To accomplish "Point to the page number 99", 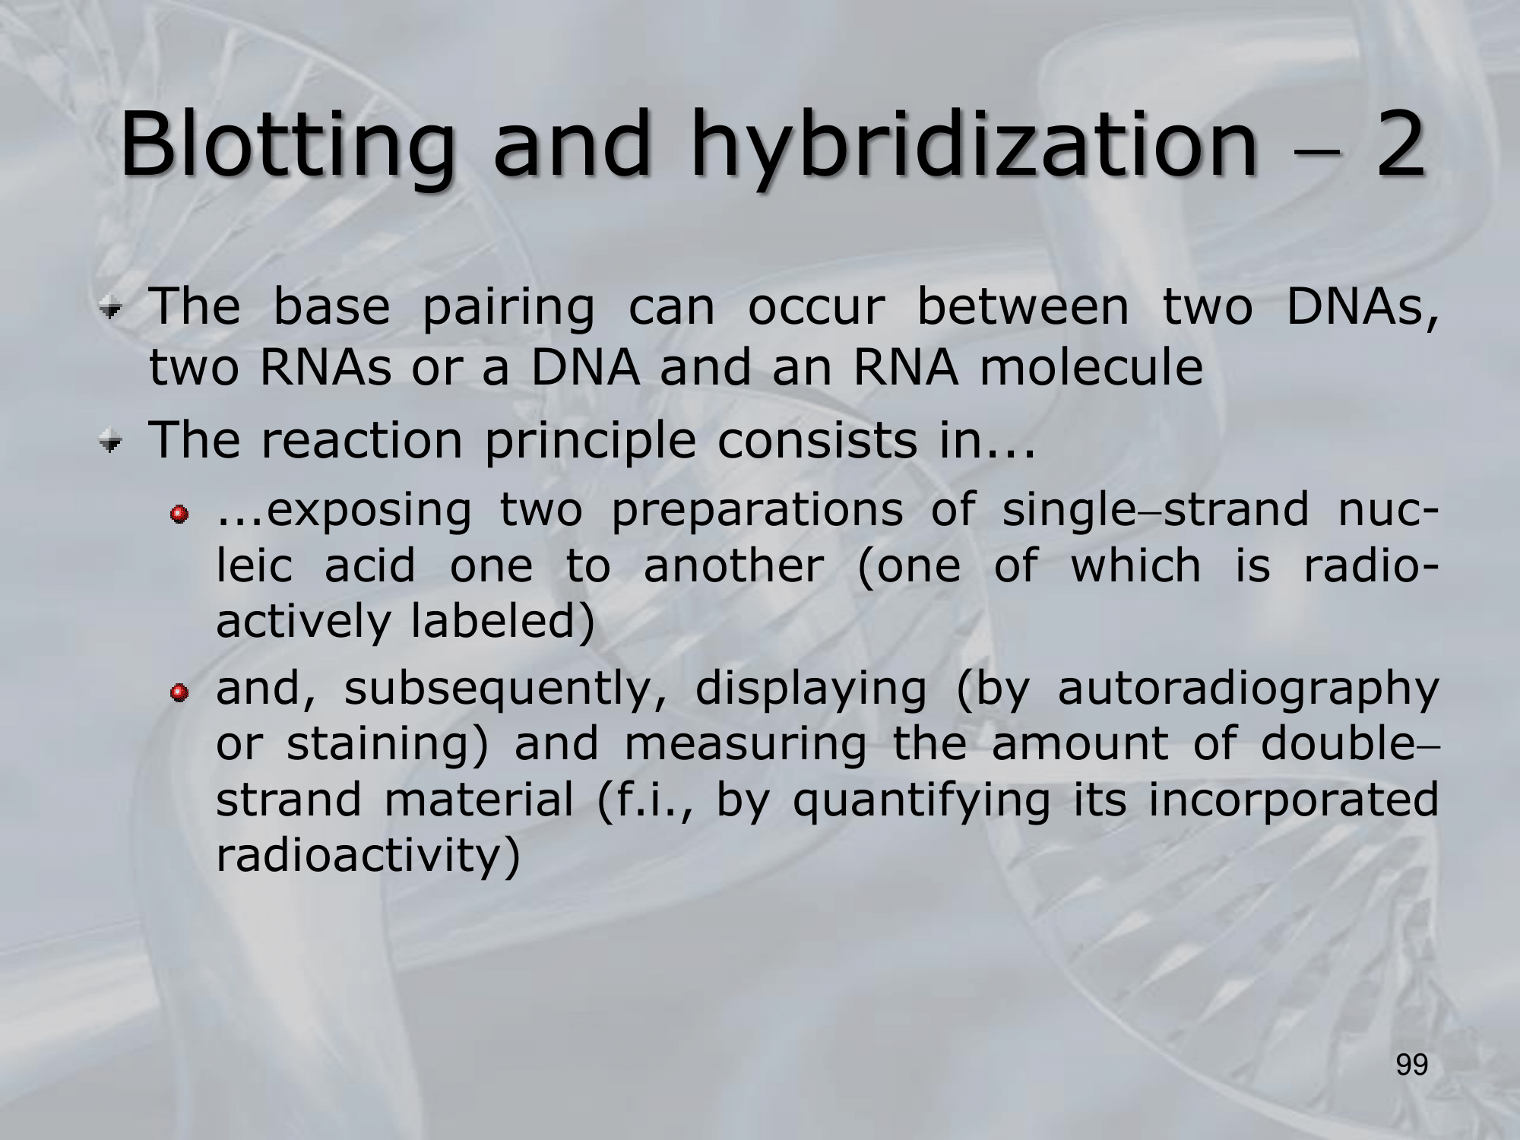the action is point(1412,1066).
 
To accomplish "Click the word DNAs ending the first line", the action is point(1363,307).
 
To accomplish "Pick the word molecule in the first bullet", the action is point(1091,367).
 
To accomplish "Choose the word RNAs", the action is point(326,368).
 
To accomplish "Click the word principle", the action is point(590,441).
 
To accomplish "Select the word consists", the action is point(817,441).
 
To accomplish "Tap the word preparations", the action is point(757,510).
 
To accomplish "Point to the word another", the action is point(733,565).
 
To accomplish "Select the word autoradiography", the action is point(1248,689).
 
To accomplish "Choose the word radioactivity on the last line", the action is point(359,857).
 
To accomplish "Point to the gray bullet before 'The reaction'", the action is point(112,443).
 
